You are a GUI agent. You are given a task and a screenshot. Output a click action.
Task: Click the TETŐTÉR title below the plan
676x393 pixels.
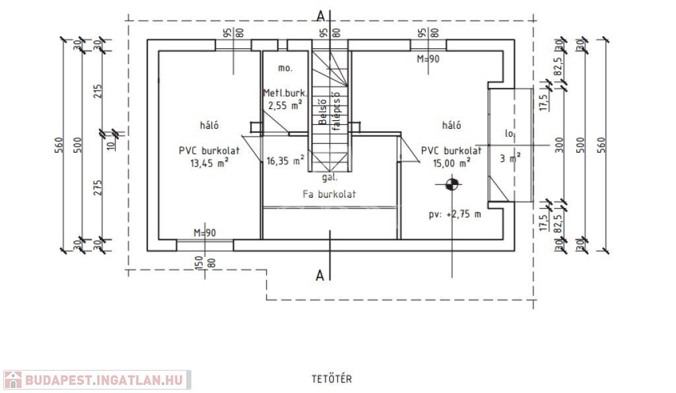click(331, 379)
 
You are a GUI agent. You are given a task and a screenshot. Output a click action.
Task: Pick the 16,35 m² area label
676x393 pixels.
click(285, 160)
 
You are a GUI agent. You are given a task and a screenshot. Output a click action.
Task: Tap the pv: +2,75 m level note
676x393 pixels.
click(455, 214)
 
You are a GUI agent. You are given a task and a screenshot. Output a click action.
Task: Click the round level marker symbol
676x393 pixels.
click(452, 186)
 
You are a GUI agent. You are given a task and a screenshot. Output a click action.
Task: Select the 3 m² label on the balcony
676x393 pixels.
click(510, 158)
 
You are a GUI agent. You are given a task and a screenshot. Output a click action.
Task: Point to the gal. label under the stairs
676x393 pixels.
click(330, 178)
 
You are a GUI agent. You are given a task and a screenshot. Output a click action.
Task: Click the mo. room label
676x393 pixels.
click(285, 68)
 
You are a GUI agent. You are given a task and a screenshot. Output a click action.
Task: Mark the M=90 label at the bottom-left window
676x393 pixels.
click(205, 232)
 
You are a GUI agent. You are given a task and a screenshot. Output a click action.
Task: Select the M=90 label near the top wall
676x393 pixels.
click(428, 59)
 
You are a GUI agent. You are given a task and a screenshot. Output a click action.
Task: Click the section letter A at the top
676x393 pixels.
click(321, 15)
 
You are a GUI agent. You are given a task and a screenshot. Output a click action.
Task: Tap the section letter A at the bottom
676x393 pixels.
click(320, 275)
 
